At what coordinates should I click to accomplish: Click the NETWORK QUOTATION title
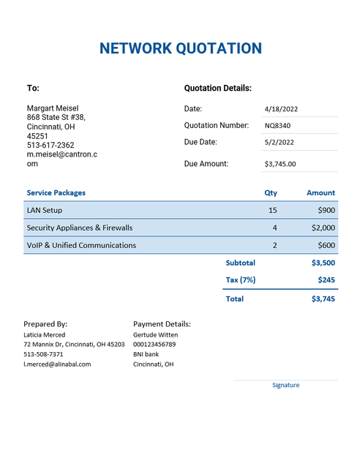coord(180,49)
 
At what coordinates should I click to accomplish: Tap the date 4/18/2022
coord(280,109)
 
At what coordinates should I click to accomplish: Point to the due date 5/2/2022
coord(279,143)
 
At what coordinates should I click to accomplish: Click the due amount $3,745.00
coord(280,164)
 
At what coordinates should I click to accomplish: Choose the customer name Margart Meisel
coord(53,108)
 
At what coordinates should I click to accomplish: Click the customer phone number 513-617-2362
coord(50,146)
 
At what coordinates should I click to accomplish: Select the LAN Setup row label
coord(44,210)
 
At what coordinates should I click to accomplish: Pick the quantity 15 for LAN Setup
coord(273,210)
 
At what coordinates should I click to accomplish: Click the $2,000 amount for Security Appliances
coord(323,228)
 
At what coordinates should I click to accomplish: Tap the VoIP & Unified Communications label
coord(81,245)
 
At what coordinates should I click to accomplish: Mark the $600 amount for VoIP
coord(326,245)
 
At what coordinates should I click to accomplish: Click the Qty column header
coord(271,192)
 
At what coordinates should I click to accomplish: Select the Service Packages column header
coord(56,192)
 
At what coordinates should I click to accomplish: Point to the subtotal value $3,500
coord(323,262)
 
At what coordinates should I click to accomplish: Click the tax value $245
coord(326,280)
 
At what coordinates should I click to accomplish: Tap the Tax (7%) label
coord(240,280)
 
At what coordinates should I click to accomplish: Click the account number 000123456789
coord(154,344)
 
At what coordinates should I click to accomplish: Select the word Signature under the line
coord(285,385)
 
